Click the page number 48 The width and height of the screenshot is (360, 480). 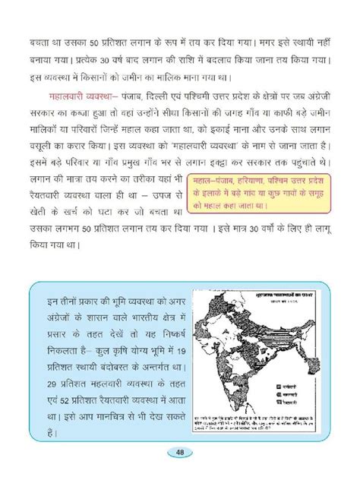pyautogui.click(x=179, y=453)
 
